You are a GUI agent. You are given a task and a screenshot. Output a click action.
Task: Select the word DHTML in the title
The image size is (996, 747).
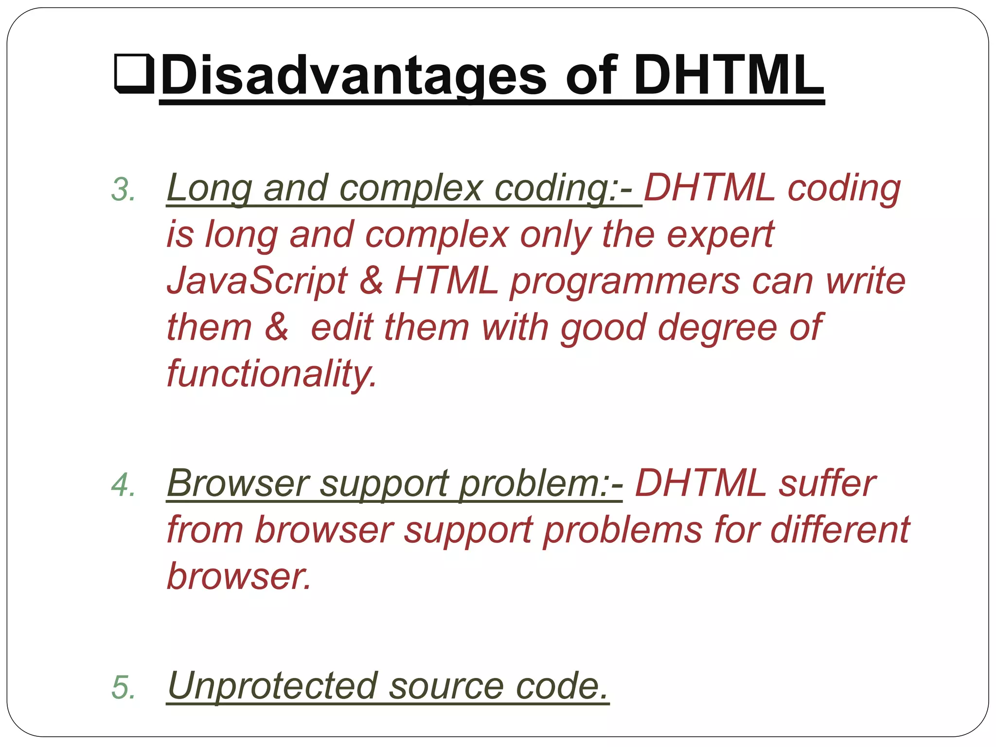tap(728, 75)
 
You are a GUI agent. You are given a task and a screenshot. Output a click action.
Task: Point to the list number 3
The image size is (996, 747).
tap(123, 189)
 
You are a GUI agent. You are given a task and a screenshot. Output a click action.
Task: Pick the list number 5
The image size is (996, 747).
tap(123, 687)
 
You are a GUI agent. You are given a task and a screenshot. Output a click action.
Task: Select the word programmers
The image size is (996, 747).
tap(624, 282)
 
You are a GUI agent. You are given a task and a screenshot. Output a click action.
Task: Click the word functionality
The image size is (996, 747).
tap(271, 373)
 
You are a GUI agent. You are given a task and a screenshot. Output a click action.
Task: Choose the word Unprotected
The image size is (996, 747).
tap(272, 686)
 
